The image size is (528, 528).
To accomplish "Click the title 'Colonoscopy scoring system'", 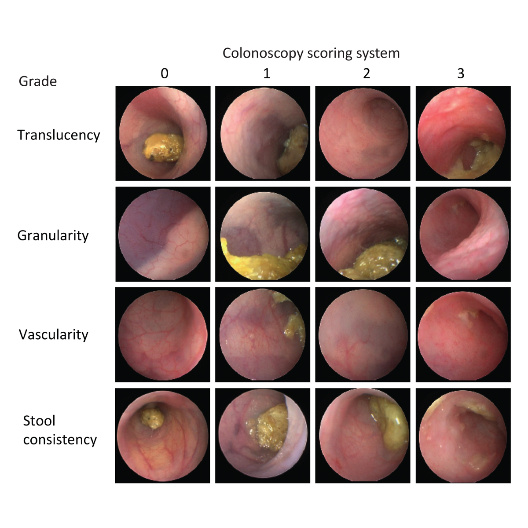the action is (311, 53).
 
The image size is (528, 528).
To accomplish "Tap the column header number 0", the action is (164, 73).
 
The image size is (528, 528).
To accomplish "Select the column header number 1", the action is (266, 73).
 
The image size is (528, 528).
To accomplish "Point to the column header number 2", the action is (366, 73).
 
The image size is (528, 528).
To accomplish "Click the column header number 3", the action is (460, 73).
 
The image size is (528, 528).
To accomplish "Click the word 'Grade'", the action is (37, 81).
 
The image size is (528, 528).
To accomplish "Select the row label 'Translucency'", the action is (59, 135).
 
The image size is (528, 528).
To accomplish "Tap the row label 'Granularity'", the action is (53, 236).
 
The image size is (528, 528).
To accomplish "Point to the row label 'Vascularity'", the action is (53, 335).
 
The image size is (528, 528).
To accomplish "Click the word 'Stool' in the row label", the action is (39, 421).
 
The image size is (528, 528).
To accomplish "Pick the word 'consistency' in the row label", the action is (60, 440).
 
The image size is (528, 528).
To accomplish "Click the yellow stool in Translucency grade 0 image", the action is (163, 146).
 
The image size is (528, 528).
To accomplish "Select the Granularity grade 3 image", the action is (463, 234).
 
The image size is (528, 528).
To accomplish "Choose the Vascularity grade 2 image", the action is (363, 335).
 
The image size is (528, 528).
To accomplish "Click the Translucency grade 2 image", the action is (363, 133).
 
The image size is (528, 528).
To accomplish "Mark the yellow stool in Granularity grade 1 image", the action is (260, 264).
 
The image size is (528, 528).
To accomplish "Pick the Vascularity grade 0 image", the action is (163, 335).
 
